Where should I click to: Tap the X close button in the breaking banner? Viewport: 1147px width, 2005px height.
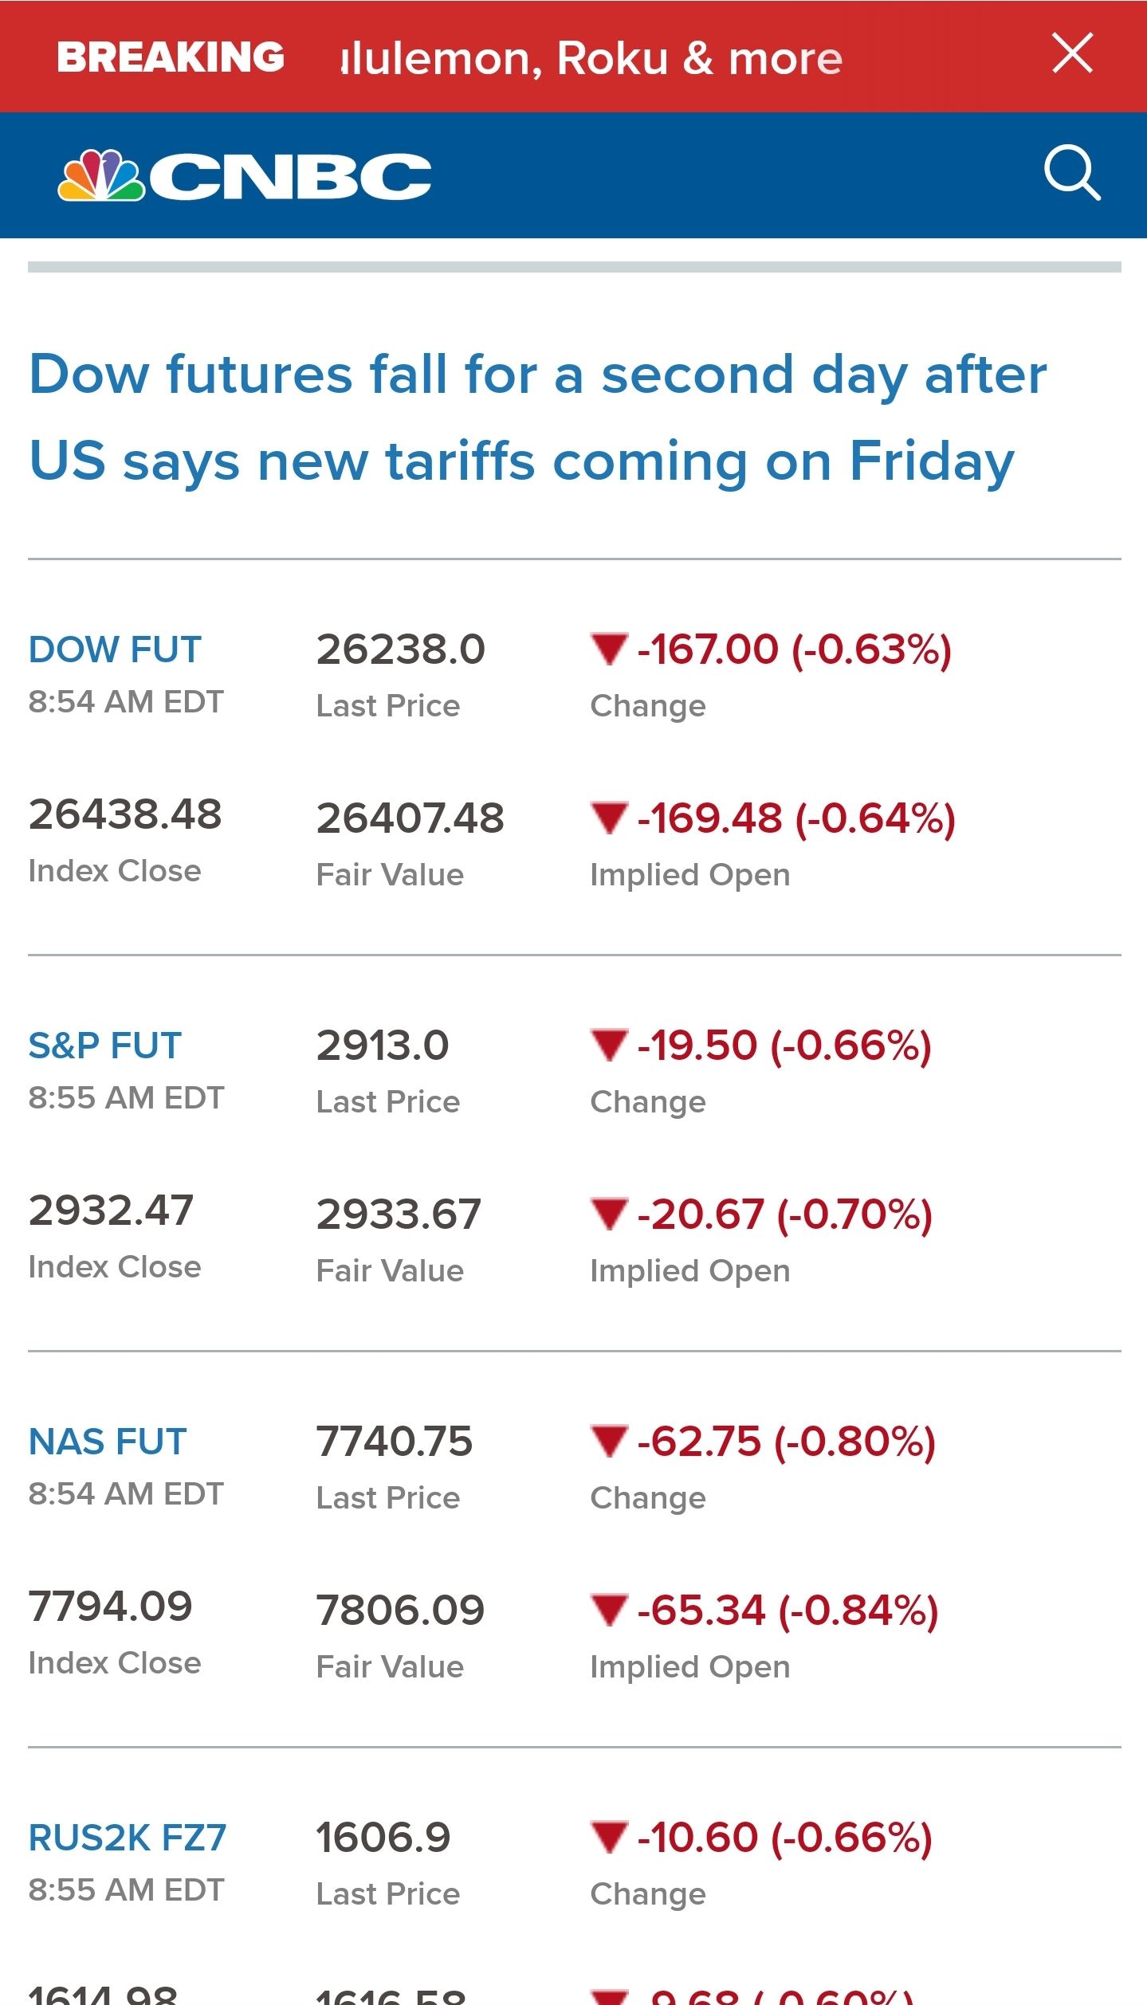click(1072, 53)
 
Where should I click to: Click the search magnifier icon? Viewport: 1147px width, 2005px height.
click(1072, 172)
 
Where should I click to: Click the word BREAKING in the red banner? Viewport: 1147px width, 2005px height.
click(171, 57)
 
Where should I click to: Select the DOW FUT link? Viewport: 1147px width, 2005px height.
click(115, 649)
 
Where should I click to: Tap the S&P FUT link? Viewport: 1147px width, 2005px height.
click(105, 1046)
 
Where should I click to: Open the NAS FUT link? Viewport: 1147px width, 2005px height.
click(108, 1442)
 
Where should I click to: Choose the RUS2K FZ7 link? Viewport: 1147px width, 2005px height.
click(128, 1838)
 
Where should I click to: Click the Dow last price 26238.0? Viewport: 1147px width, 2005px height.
click(400, 649)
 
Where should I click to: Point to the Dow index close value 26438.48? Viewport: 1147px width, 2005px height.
click(125, 814)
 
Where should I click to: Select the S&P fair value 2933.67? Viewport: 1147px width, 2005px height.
click(399, 1214)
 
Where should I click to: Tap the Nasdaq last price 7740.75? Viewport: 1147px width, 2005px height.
click(395, 1442)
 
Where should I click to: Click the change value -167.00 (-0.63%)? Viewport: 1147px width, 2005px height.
click(794, 649)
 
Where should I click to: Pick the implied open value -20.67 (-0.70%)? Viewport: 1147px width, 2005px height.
click(784, 1214)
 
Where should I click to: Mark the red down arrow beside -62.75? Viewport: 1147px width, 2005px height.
click(610, 1441)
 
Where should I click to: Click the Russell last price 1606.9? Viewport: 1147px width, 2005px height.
click(383, 1838)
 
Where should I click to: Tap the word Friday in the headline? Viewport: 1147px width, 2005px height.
click(932, 461)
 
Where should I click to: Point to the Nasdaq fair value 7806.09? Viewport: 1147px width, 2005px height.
click(400, 1611)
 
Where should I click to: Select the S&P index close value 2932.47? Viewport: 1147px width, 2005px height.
click(111, 1210)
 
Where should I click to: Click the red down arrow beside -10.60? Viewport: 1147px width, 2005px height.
click(610, 1837)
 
